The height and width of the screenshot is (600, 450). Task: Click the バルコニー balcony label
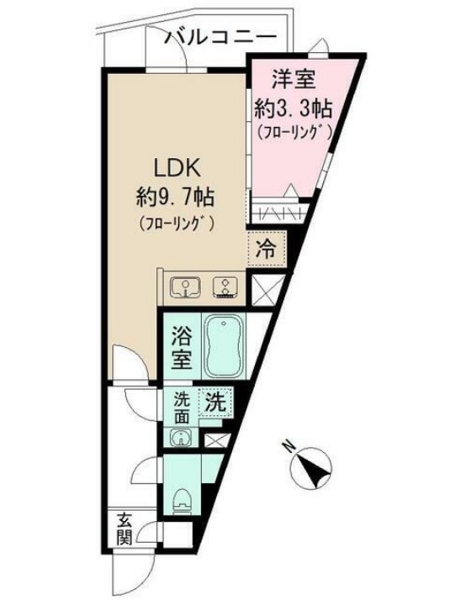220,37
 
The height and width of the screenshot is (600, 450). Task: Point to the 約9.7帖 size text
175,198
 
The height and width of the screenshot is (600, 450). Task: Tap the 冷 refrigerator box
265,248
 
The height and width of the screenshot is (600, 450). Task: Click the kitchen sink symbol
185,288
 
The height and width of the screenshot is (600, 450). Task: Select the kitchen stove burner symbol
225,288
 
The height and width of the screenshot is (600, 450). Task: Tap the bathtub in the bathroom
224,346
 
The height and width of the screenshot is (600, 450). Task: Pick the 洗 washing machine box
215,402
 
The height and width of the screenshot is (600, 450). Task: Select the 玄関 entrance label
124,529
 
